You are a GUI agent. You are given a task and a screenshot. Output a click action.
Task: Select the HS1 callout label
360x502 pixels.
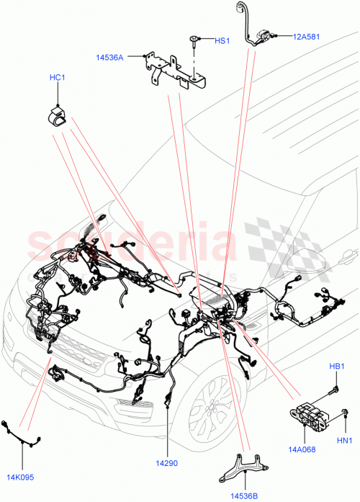222,41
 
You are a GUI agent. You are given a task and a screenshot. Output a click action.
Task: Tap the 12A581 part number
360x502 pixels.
307,35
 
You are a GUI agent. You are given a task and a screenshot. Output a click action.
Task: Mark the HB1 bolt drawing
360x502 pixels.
333,390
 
